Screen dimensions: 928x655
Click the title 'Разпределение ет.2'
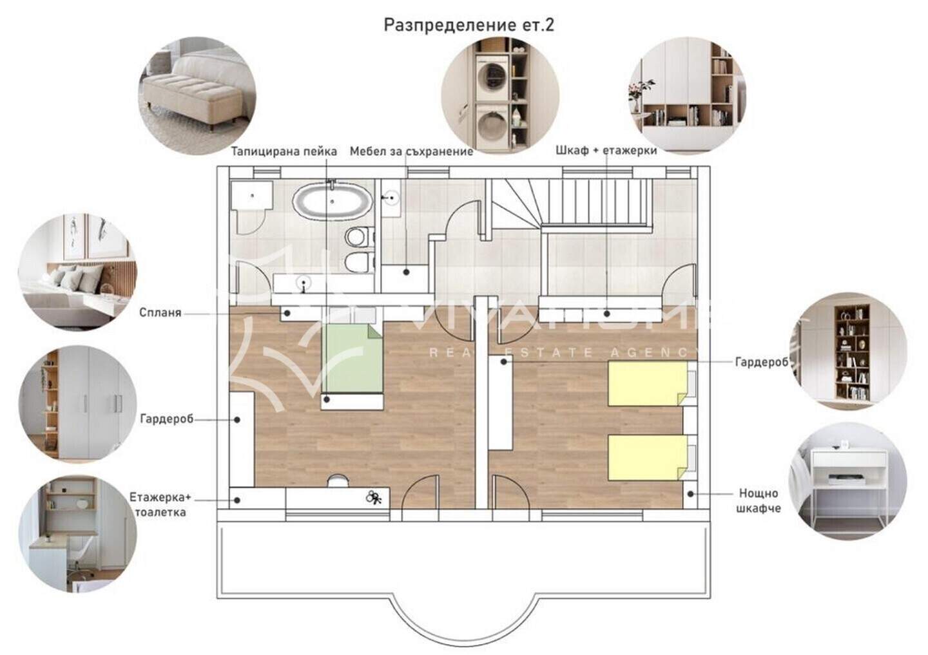[469, 25]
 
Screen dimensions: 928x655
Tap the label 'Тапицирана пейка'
[284, 151]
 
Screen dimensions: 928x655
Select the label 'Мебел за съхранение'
[411, 151]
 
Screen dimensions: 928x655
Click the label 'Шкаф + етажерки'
[606, 150]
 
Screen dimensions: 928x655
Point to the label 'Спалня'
[160, 312]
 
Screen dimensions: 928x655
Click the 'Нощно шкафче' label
[759, 500]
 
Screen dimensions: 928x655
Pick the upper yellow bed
[648, 384]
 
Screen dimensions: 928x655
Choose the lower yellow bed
[648, 458]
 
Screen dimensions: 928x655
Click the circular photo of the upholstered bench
[197, 96]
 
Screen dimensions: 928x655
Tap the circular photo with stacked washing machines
[500, 95]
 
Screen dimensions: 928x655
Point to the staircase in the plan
[572, 204]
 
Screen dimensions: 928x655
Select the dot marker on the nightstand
[691, 494]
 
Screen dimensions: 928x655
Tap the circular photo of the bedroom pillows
[77, 272]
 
